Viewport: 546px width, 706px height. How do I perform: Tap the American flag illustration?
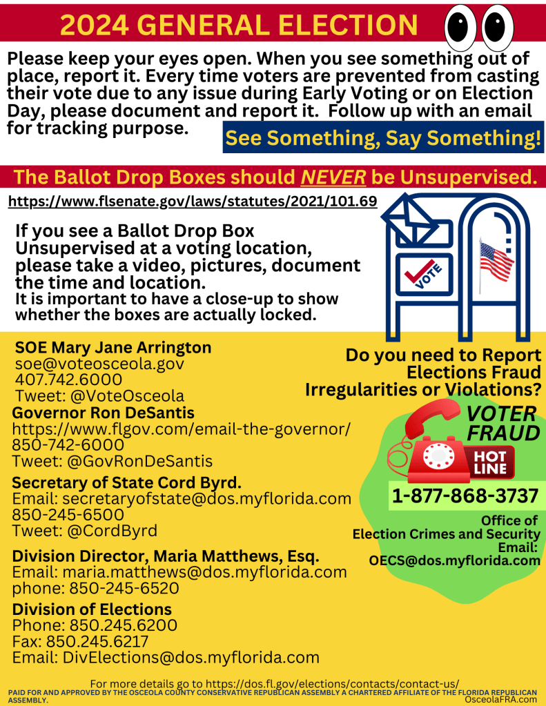pyautogui.click(x=496, y=259)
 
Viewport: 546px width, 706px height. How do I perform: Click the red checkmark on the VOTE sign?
pyautogui.click(x=416, y=275)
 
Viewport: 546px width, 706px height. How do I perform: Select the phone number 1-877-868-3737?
pyautogui.click(x=465, y=496)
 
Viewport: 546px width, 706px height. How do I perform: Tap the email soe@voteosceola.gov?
pyautogui.click(x=99, y=364)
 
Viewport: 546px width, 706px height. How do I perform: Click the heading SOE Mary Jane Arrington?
pyautogui.click(x=113, y=347)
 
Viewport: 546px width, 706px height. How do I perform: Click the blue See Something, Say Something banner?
pyautogui.click(x=383, y=138)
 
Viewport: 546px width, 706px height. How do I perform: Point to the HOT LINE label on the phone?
pyautogui.click(x=490, y=463)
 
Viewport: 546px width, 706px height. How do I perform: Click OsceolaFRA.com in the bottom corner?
pyautogui.click(x=500, y=699)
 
